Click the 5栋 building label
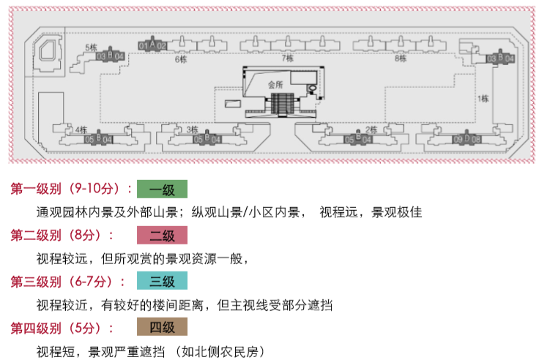pyautogui.click(x=91, y=48)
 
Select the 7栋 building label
pyautogui.click(x=288, y=58)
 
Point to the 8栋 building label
pyautogui.click(x=401, y=59)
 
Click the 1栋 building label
pyautogui.click(x=483, y=98)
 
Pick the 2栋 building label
pyautogui.click(x=371, y=130)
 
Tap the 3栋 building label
pyautogui.click(x=192, y=130)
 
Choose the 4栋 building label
pyautogui.click(x=81, y=130)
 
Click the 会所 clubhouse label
pyautogui.click(x=275, y=84)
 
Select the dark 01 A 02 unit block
pyautogui.click(x=153, y=45)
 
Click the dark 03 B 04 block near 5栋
pyautogui.click(x=111, y=56)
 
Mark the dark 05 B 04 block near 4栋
pyautogui.click(x=98, y=138)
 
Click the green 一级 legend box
pyautogui.click(x=162, y=190)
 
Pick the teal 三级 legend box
pyautogui.click(x=162, y=281)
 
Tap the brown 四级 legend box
pyautogui.click(x=162, y=326)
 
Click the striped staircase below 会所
pyautogui.click(x=286, y=105)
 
